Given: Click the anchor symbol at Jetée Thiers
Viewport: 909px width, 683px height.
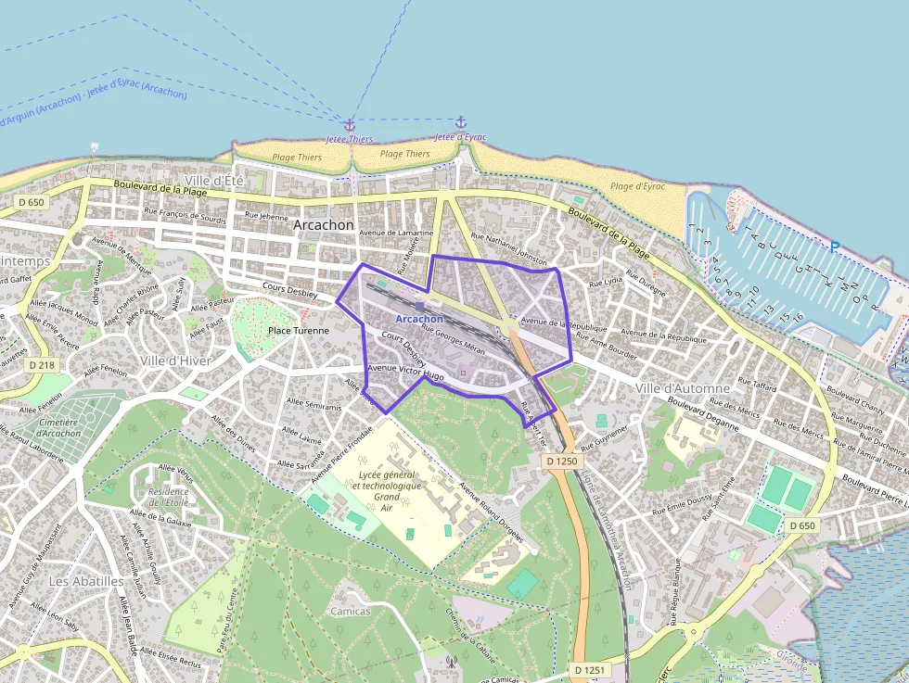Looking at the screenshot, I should coord(350,124).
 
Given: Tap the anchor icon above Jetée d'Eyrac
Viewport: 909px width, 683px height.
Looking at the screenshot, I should coord(460,122).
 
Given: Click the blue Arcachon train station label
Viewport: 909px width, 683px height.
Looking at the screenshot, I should coord(419,319).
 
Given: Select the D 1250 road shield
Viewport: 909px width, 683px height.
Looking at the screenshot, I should coord(561,461).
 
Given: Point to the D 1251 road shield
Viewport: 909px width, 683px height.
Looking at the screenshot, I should coord(589,669).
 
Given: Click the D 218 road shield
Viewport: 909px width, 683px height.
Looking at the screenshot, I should coord(42,365).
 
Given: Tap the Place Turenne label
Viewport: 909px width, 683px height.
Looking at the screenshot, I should coord(298,331).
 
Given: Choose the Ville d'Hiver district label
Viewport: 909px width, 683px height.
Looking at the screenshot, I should coord(175,360).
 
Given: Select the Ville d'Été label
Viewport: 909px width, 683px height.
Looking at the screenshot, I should coord(214,180).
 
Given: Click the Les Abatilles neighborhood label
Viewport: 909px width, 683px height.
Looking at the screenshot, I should coord(86,581).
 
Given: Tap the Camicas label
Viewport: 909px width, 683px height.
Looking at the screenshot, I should coord(350,611).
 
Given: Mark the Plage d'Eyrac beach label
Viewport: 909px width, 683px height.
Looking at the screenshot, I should coord(637,186).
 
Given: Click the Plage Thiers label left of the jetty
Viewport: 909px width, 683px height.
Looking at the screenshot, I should coord(297,158).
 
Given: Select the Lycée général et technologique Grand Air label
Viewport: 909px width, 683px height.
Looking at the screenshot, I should coord(388,490).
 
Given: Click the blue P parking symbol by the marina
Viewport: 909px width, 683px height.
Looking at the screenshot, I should coord(834,247).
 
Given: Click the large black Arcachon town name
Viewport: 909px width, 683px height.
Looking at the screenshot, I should coord(323,225).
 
